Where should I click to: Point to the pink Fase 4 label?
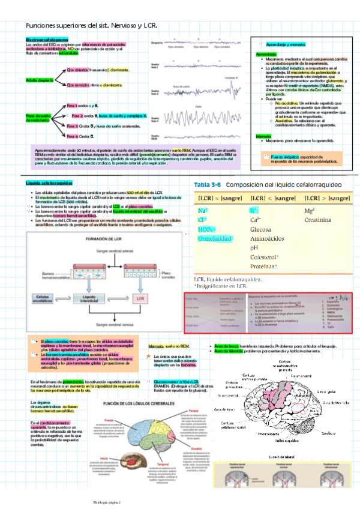(x=73, y=136)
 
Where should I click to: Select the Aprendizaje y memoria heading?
(x=285, y=45)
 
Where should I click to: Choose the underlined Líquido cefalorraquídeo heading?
(x=49, y=182)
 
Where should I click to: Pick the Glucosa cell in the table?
(x=261, y=229)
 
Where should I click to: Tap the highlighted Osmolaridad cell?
(x=214, y=239)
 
